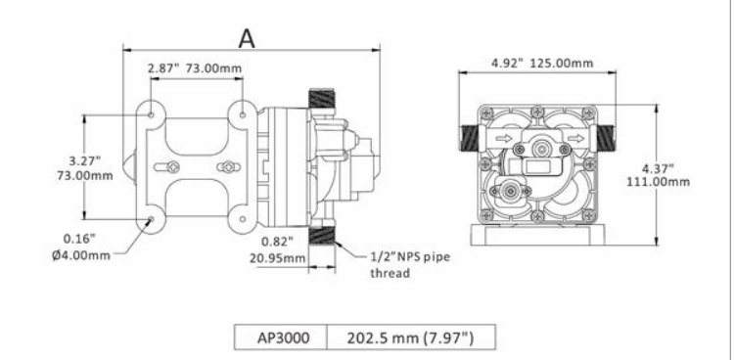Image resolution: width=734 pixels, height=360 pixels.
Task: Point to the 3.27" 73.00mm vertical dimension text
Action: (x=85, y=167)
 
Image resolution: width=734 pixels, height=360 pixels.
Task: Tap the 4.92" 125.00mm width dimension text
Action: (x=541, y=64)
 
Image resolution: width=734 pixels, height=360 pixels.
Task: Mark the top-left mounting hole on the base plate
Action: (x=151, y=115)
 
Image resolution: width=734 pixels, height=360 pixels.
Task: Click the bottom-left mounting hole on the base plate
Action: (x=151, y=220)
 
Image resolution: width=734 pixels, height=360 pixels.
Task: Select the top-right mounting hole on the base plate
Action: (x=243, y=115)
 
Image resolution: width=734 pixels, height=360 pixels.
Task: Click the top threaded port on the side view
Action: (x=322, y=100)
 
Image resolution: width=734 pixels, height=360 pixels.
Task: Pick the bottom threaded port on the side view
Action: (x=322, y=235)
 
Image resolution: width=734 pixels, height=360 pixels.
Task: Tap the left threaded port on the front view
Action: (x=467, y=136)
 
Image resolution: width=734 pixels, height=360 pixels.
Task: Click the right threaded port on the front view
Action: (x=607, y=136)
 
